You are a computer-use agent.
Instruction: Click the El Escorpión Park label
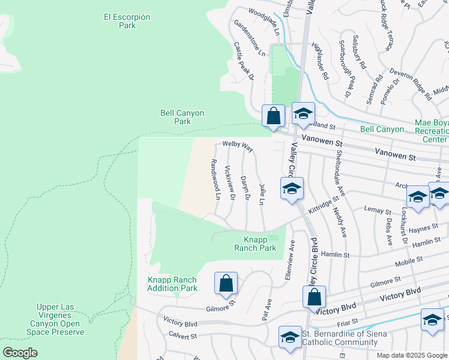pos(127,21)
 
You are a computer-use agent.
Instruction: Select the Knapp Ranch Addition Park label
pos(172,284)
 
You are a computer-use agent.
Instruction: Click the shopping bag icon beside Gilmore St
pos(226,283)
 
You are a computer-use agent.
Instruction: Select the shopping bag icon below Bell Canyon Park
pos(274,116)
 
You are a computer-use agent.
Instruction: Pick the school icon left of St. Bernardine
pos(289,337)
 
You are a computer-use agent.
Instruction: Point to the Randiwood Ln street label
pos(215,179)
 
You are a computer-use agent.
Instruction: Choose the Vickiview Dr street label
pos(229,184)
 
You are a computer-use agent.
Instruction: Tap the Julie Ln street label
pos(262,194)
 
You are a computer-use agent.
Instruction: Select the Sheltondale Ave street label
pos(340,173)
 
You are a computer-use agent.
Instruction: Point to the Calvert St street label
pos(182,337)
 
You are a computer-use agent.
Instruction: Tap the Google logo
pos(20,352)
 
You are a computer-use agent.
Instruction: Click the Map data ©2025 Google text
pos(411,355)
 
